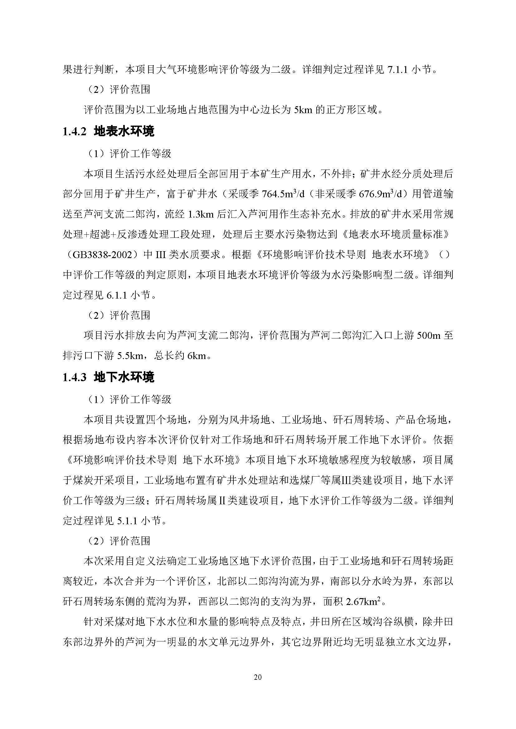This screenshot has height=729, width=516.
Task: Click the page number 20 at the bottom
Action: (258, 677)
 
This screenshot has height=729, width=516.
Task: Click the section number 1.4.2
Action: (74, 132)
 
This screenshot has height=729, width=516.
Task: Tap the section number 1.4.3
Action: (74, 377)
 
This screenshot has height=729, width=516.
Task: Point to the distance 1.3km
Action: (201, 214)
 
